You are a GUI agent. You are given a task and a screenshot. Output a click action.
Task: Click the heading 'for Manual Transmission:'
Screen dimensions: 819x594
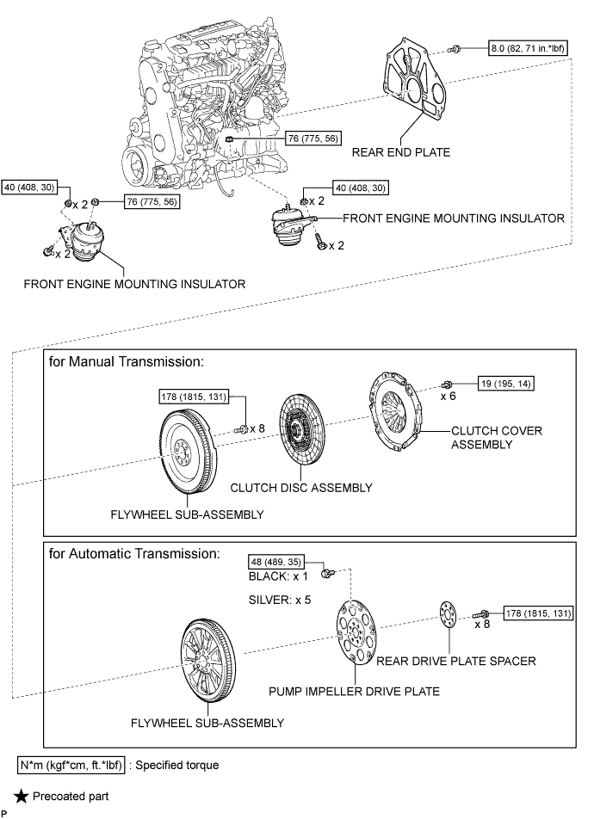[127, 363]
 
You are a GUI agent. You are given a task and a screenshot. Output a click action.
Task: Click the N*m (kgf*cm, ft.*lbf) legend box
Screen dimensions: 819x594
[71, 763]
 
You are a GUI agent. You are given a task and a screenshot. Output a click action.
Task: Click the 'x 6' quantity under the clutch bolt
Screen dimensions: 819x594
[449, 397]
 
